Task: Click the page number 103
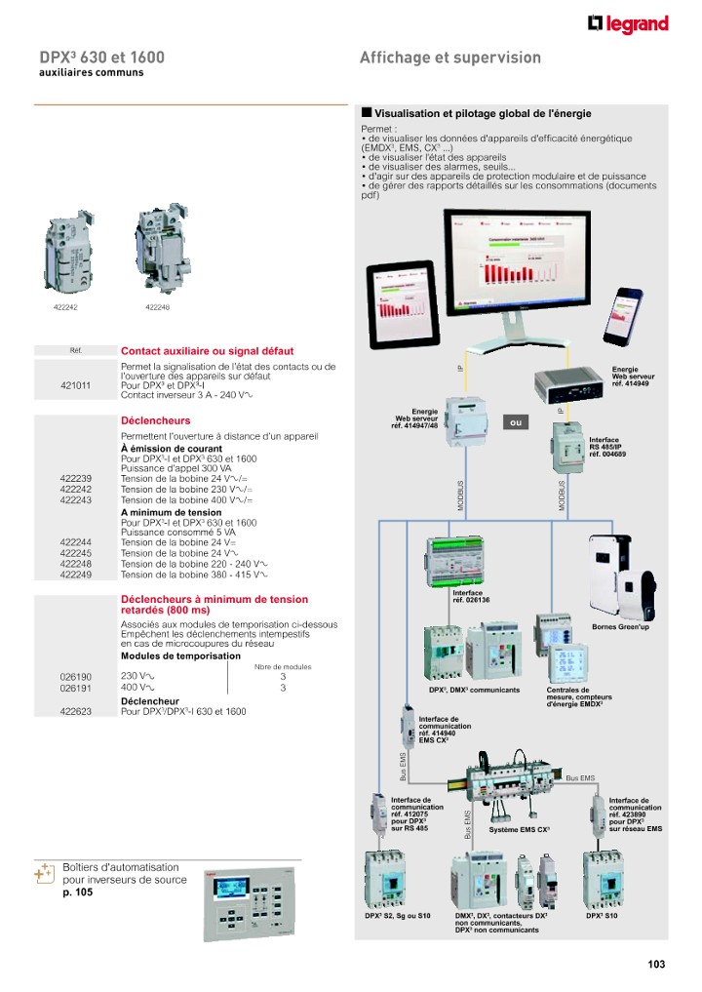point(655,965)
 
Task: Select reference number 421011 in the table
point(75,385)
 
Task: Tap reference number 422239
point(75,478)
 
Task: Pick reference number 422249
point(75,574)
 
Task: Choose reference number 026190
point(75,676)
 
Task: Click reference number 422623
point(75,712)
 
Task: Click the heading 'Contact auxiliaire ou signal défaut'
point(207,351)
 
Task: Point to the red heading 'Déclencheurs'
point(155,420)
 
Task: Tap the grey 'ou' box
point(518,422)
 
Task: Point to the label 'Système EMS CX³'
point(520,829)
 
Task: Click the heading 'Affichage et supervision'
point(449,58)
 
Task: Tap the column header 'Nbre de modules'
point(283,666)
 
